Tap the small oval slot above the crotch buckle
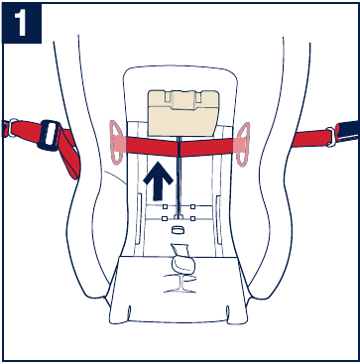tap(180, 229)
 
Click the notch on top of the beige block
tap(180, 97)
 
